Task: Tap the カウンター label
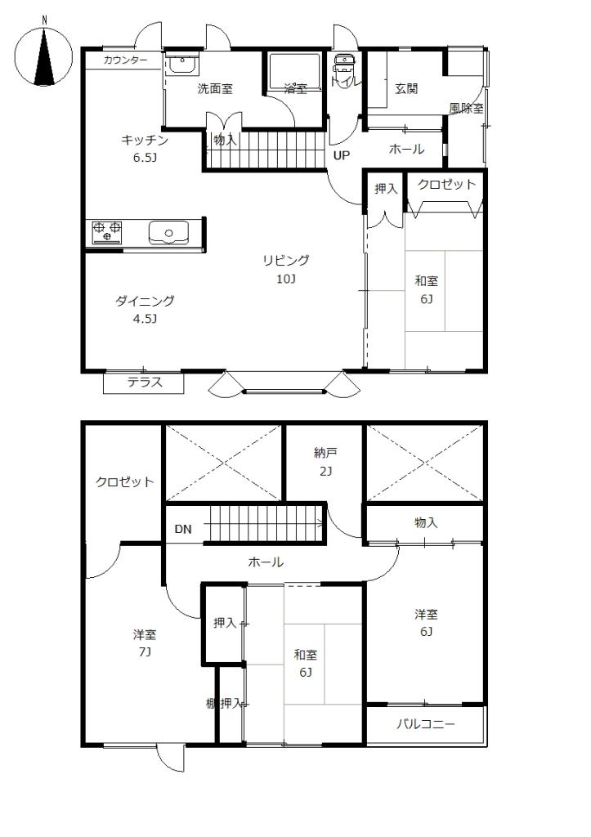tap(126, 60)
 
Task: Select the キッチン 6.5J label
tap(145, 148)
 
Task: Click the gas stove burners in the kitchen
tap(106, 231)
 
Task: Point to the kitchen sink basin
tap(168, 233)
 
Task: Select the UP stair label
tap(341, 154)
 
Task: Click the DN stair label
tap(183, 529)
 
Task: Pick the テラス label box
tap(144, 382)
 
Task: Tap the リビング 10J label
tap(285, 269)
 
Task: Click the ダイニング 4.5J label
tap(145, 309)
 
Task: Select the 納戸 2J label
tap(325, 461)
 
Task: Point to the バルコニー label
tap(426, 724)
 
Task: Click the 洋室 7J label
tap(145, 642)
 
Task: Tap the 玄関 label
tap(406, 88)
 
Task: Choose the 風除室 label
tap(466, 108)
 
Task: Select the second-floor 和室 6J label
tap(306, 663)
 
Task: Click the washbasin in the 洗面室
tap(181, 65)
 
